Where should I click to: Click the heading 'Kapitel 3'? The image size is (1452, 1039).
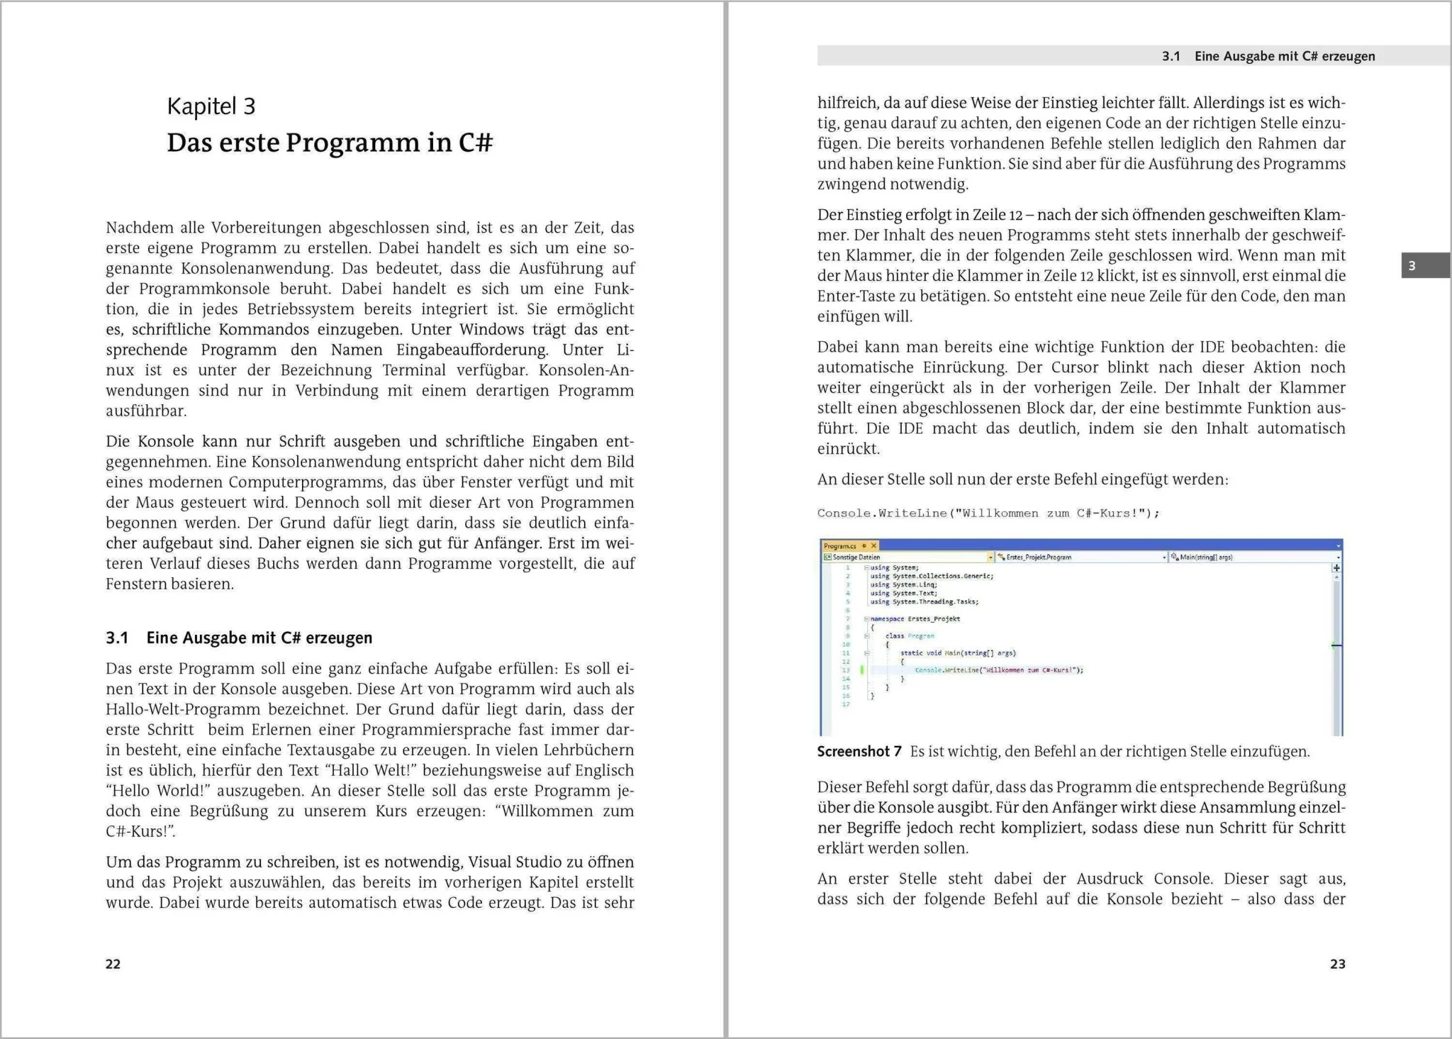tap(211, 106)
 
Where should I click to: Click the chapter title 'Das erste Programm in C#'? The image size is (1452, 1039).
tap(330, 143)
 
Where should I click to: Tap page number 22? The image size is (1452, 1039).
tap(113, 964)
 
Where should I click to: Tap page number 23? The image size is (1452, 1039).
tap(1337, 964)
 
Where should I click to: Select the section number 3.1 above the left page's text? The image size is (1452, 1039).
tap(117, 638)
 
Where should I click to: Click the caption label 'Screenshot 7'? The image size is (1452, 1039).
tap(859, 752)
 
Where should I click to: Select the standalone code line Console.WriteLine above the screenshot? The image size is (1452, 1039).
tap(988, 513)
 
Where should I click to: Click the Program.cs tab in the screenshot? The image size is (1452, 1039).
tap(841, 546)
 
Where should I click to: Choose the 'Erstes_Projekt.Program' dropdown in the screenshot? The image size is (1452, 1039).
tap(1080, 557)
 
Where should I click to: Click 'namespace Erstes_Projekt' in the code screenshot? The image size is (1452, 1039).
tap(915, 619)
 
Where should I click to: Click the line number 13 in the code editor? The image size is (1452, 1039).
tap(846, 670)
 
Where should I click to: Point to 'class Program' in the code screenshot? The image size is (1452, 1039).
tap(910, 636)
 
